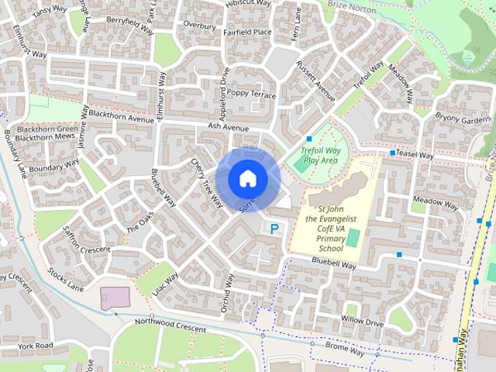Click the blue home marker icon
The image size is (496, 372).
247,178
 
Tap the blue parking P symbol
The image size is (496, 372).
274,229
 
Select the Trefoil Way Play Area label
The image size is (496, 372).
321,154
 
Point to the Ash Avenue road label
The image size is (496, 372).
228,127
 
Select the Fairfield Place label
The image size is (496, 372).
246,32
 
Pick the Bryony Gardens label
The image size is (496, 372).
463,119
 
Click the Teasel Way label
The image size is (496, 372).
415,155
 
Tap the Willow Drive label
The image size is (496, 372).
362,320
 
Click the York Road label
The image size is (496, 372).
35,345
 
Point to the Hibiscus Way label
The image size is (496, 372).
247,4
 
